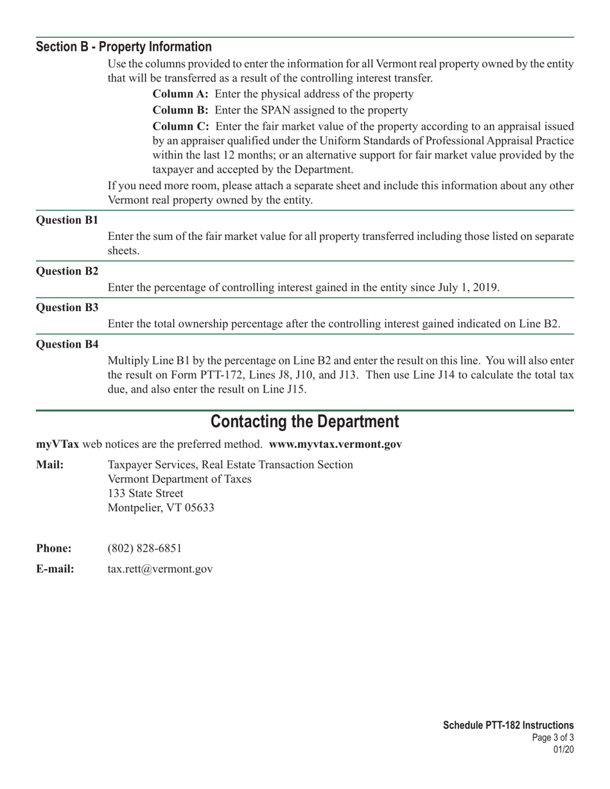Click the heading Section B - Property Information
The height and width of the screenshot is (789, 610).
point(124,47)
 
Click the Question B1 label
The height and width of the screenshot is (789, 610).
point(67,220)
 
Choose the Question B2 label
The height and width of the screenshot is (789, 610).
point(67,271)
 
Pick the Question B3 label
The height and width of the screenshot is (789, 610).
point(67,307)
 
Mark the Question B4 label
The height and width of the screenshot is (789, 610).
point(67,344)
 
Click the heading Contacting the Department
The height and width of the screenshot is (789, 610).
point(304,422)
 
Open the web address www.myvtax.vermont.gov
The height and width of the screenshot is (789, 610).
point(335,444)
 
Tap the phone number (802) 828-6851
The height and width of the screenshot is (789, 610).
point(144,548)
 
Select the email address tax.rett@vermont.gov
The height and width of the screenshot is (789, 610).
point(160,569)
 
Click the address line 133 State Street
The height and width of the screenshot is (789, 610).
point(145,493)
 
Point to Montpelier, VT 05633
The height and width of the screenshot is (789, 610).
point(161,508)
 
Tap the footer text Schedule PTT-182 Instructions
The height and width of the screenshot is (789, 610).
point(508,725)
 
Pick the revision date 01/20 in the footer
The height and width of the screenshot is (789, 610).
point(563,749)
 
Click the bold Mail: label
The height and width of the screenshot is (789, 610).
point(50,464)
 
